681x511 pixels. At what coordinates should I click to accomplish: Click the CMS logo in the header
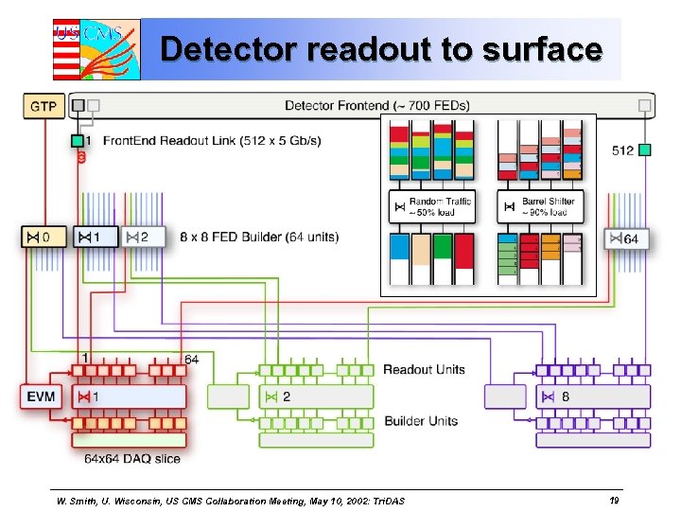(96, 48)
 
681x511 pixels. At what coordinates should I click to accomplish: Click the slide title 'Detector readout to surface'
(380, 48)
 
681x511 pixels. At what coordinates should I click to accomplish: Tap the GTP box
(44, 105)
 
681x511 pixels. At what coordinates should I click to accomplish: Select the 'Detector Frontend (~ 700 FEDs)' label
(376, 105)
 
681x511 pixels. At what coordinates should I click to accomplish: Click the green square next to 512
(644, 150)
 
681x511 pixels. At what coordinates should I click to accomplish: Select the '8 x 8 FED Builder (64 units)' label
(258, 237)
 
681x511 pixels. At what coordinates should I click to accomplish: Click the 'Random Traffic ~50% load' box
(432, 206)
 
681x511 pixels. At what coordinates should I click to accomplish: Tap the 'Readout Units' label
(424, 369)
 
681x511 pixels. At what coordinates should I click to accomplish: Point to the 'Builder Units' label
(421, 421)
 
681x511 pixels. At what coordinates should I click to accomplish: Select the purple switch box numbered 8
(593, 396)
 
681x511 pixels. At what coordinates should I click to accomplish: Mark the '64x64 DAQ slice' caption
(131, 459)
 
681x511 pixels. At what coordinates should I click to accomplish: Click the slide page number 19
(614, 499)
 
